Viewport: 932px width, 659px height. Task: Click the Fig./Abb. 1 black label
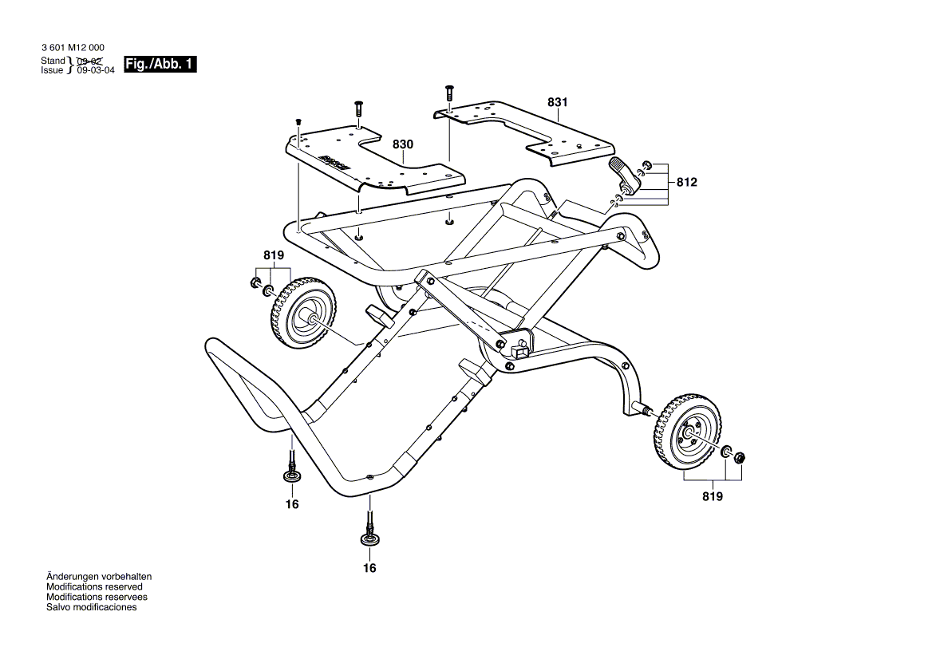pyautogui.click(x=160, y=65)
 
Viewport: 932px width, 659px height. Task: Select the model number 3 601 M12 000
pyautogui.click(x=73, y=49)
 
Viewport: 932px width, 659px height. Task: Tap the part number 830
pyautogui.click(x=403, y=144)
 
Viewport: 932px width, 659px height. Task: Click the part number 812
pyautogui.click(x=686, y=183)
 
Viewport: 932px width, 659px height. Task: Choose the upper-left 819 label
pyautogui.click(x=274, y=256)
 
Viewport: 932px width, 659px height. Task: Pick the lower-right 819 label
pyautogui.click(x=713, y=496)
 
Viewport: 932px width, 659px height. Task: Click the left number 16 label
pyautogui.click(x=292, y=504)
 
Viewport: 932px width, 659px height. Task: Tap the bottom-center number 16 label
pyautogui.click(x=369, y=568)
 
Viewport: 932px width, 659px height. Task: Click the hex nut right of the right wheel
pyautogui.click(x=739, y=458)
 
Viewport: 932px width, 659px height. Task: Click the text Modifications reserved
pyautogui.click(x=94, y=586)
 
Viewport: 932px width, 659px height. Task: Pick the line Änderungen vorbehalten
pyautogui.click(x=99, y=576)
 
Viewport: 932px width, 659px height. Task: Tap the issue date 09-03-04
pyautogui.click(x=96, y=70)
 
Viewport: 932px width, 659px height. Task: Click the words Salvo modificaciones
pyautogui.click(x=92, y=607)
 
